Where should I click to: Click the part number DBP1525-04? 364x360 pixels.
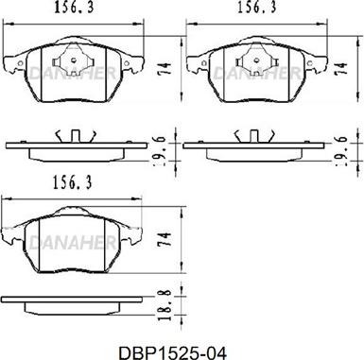click(172, 353)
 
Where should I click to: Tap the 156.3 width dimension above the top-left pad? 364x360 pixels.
click(75, 9)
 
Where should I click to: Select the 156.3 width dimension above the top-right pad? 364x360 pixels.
click(256, 8)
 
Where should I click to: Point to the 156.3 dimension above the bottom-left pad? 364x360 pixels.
click(72, 182)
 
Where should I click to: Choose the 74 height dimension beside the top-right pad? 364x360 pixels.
click(340, 68)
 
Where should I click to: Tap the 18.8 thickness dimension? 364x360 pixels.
click(165, 305)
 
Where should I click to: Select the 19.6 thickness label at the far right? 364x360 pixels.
click(341, 151)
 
